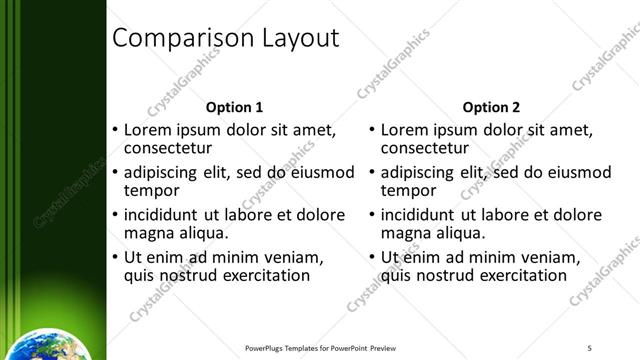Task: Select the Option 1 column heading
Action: click(x=234, y=107)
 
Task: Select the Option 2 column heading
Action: click(x=492, y=107)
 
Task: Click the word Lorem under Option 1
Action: click(x=148, y=130)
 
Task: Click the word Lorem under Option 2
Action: click(x=405, y=130)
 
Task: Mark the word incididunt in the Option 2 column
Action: click(x=418, y=215)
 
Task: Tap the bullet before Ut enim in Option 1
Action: click(x=115, y=257)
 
